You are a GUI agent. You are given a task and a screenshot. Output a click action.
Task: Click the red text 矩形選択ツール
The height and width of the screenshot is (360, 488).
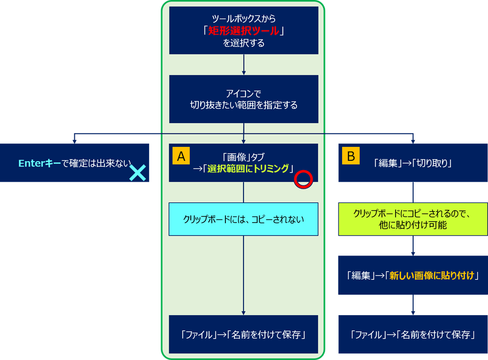244,31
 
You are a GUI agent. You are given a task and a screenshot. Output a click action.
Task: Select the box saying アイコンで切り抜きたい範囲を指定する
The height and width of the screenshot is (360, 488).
244,99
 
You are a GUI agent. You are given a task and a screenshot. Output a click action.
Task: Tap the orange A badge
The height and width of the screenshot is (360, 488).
181,156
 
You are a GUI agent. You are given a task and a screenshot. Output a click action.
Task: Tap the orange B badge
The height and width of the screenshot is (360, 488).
351,156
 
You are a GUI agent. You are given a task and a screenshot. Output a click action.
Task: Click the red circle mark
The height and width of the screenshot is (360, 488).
303,179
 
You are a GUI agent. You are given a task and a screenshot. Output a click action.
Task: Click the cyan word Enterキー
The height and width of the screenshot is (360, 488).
40,163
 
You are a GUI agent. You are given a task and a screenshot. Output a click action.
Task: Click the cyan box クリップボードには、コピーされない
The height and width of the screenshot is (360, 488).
244,219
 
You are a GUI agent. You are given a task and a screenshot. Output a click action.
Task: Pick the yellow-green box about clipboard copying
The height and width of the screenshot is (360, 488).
413,219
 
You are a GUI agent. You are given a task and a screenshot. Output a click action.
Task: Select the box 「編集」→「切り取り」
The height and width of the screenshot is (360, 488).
413,163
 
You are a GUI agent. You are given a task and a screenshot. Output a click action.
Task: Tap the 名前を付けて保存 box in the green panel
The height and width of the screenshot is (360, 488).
244,334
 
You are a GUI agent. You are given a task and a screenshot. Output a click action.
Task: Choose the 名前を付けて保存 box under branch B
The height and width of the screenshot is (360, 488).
413,334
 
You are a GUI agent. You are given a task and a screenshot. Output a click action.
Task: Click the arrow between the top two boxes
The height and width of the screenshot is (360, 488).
244,64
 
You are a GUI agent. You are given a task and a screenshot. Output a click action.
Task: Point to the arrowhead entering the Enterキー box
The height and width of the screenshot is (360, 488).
74,141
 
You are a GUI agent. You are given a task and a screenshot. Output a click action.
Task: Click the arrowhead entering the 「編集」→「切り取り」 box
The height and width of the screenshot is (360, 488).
413,141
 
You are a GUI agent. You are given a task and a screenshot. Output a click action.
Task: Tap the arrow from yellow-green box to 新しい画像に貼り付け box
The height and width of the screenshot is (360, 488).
413,246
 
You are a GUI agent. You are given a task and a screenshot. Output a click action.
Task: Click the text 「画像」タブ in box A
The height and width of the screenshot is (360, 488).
244,156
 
